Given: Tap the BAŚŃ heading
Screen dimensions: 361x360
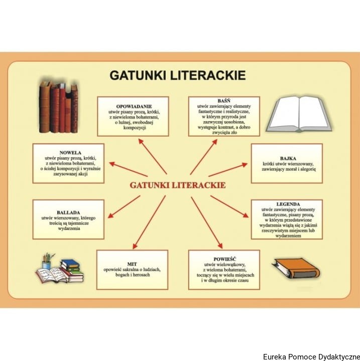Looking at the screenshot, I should (x=224, y=101).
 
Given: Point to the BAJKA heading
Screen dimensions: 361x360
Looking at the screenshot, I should (x=286, y=158).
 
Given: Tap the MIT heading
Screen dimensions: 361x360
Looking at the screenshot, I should (x=132, y=263).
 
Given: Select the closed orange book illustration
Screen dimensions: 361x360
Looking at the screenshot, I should (x=296, y=268).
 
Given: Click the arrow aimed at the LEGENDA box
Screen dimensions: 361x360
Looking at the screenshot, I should (x=229, y=206).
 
